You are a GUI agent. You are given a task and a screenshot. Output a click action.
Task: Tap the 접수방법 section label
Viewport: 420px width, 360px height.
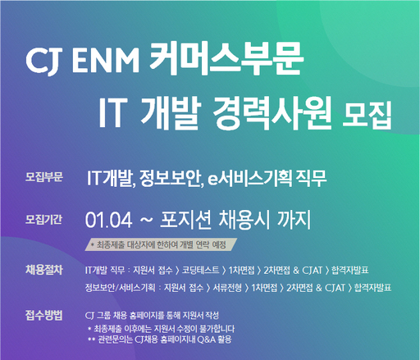pyautogui.click(x=43, y=314)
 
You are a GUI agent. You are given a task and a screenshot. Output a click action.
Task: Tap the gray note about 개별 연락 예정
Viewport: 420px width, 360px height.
pyautogui.click(x=165, y=244)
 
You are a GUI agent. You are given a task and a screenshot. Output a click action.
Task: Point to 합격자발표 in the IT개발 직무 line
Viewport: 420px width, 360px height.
pyautogui.click(x=371, y=269)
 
